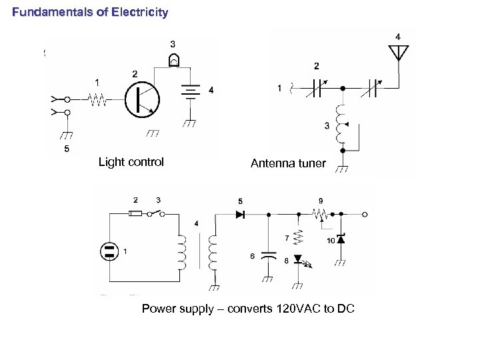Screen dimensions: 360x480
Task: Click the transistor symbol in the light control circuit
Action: click(x=143, y=99)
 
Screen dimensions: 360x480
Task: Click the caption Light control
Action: click(x=131, y=162)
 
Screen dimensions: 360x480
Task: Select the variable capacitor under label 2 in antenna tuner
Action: click(x=317, y=89)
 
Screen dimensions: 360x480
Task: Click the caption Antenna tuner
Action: click(x=288, y=163)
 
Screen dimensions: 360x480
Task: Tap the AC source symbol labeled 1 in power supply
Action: click(x=107, y=251)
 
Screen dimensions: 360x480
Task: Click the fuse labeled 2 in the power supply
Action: click(x=135, y=214)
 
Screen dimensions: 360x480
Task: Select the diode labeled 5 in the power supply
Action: click(x=241, y=214)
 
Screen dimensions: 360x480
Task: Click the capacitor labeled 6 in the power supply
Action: click(x=268, y=256)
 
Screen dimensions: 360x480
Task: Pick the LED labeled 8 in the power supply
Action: click(x=298, y=260)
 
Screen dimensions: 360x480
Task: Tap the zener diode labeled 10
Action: click(x=341, y=239)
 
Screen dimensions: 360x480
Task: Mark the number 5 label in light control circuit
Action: click(x=66, y=149)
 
